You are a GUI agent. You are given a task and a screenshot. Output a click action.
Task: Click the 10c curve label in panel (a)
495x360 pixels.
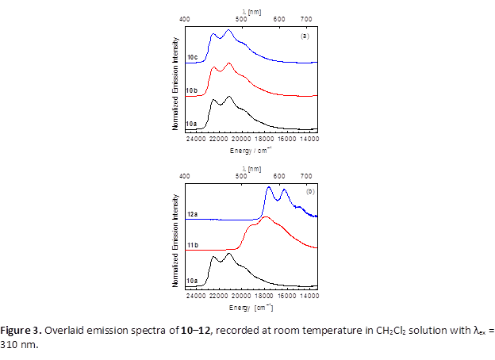[x=192, y=58]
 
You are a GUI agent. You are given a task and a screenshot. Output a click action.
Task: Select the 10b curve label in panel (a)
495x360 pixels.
[x=191, y=91]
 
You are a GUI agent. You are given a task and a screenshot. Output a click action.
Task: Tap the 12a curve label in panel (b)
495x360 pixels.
[x=192, y=215]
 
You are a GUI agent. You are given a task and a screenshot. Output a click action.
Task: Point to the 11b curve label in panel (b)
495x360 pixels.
[x=191, y=247]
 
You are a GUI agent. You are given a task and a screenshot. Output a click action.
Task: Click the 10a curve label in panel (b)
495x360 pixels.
[x=191, y=281]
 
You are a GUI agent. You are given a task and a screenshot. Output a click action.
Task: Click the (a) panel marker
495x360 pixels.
[x=304, y=36]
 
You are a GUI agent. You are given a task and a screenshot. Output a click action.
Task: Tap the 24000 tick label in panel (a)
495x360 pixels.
[x=195, y=139]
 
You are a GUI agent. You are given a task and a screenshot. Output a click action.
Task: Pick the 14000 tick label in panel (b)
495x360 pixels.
[x=309, y=296]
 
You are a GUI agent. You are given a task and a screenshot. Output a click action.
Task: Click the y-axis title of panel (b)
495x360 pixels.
[x=175, y=236]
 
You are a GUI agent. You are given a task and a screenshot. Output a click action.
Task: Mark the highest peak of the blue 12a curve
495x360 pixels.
[x=269, y=187]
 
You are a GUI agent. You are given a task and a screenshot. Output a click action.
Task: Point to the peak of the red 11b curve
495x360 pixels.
[x=266, y=216]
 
